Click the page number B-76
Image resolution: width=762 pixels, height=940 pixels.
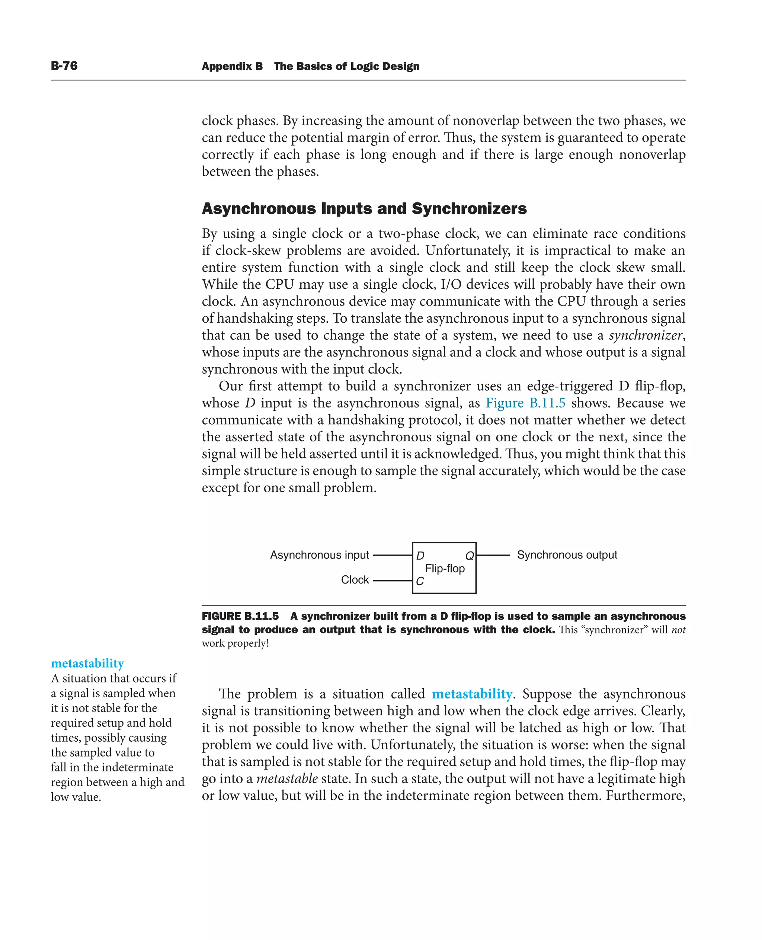coord(64,66)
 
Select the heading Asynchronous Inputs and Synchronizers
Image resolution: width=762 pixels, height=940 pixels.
coord(364,208)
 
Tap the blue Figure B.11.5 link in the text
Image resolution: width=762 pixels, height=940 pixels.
coord(525,403)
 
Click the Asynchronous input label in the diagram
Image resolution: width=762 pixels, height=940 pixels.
coord(319,555)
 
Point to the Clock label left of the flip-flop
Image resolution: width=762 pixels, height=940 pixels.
coord(355,580)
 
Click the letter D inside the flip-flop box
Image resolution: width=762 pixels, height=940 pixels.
coord(420,556)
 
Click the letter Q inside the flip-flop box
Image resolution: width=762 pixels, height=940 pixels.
coord(469,556)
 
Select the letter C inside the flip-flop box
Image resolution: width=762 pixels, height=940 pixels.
coord(420,581)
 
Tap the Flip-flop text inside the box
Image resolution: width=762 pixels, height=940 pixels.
coord(445,569)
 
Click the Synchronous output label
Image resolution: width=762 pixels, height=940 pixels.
coord(567,555)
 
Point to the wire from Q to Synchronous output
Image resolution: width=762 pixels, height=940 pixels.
coord(493,555)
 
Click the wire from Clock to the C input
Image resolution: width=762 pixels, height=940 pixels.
coord(392,581)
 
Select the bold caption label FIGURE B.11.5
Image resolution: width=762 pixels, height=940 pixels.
coord(240,616)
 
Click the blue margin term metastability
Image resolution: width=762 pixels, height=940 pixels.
coord(87,663)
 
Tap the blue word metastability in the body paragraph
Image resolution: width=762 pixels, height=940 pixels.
coord(472,694)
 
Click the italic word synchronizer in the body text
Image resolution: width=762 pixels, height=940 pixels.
coord(645,335)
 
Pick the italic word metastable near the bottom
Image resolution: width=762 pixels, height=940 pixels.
coord(287,778)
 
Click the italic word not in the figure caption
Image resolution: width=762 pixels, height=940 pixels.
coord(678,630)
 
